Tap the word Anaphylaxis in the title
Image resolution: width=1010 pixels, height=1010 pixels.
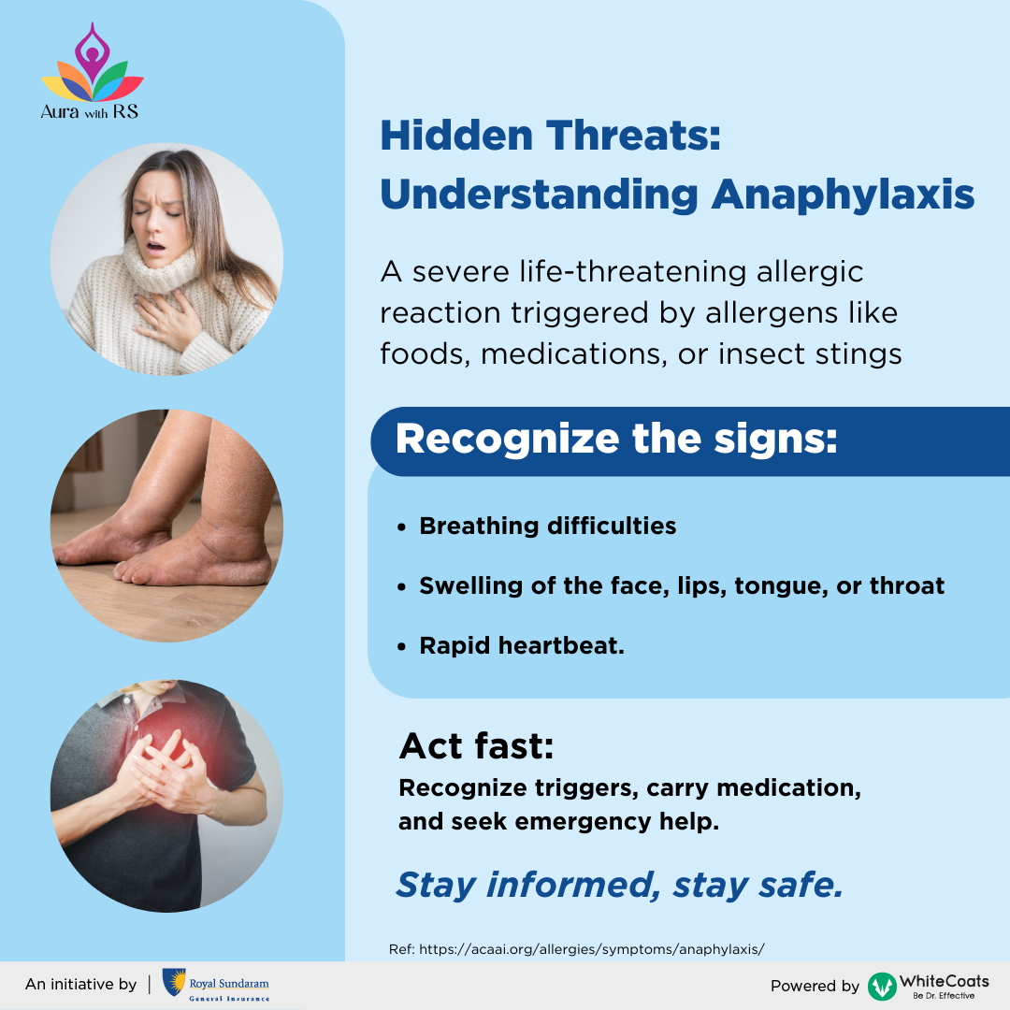point(843,195)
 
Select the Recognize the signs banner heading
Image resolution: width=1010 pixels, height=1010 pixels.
point(616,440)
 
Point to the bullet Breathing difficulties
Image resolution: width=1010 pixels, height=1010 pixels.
point(547,526)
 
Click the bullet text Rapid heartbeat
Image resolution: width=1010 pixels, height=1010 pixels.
point(521,645)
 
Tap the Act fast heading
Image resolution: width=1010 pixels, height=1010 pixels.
point(476,745)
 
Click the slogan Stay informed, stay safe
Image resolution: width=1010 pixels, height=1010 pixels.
point(619,884)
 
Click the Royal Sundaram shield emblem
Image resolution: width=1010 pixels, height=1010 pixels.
point(173,983)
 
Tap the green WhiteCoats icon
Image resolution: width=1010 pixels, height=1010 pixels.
point(881,986)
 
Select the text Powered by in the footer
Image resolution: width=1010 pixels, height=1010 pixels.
point(814,986)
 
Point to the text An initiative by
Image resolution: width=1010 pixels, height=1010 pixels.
point(80,984)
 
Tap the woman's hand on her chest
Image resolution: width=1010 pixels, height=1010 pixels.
point(173,323)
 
